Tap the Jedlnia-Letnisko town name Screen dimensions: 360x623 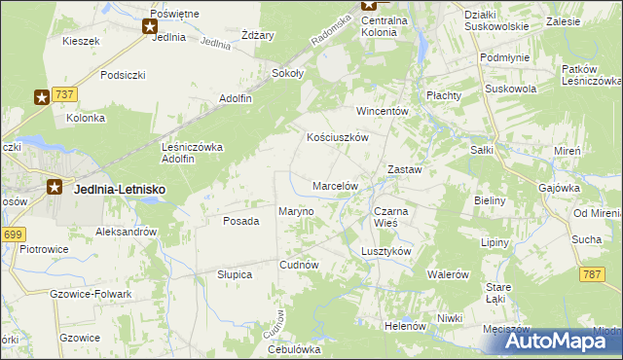[119, 190]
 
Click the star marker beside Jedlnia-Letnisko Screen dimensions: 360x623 [55, 189]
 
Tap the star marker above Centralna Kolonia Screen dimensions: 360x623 [370, 5]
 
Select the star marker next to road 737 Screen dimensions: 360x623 [43, 96]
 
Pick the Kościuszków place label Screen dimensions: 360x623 [337, 138]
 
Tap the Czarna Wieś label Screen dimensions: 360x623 [392, 216]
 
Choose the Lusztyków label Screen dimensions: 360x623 [386, 250]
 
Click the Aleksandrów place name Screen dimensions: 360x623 [127, 232]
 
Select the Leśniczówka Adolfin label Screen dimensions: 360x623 [192, 153]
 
